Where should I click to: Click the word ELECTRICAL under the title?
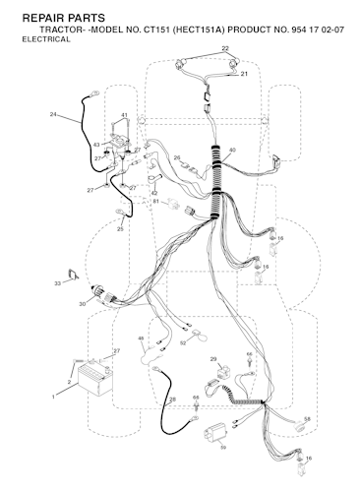pos(46,39)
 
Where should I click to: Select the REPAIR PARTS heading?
pos(64,18)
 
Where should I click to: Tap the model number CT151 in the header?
pos(155,30)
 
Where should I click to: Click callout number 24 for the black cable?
pos(53,114)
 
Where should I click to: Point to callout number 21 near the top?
pos(244,74)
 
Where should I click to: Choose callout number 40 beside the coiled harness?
pos(232,151)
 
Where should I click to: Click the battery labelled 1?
pos(95,380)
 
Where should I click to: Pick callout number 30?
pos(82,304)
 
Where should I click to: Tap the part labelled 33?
pos(73,275)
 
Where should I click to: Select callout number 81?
pos(156,201)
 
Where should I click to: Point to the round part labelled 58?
pos(300,425)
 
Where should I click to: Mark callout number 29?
pos(213,359)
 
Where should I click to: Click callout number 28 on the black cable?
pos(173,400)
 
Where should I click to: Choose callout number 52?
pos(183,343)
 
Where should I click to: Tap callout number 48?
pos(141,338)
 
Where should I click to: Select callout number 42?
pos(154,193)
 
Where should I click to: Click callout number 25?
pos(120,229)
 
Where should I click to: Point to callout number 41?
pos(124,115)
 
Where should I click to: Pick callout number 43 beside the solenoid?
pos(96,145)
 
